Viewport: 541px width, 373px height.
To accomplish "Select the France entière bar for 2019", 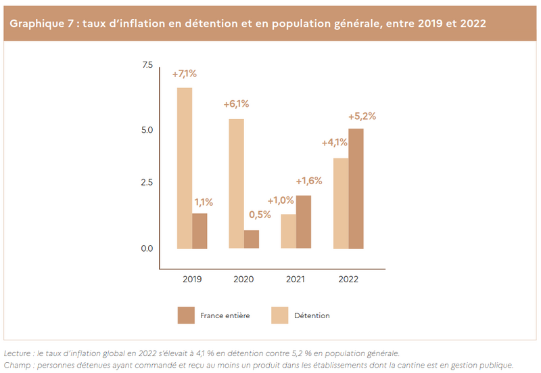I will pyautogui.click(x=199, y=231).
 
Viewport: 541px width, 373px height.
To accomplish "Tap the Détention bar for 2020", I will pyautogui.click(x=236, y=183).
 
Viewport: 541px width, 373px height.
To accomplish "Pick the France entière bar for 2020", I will pyautogui.click(x=252, y=239).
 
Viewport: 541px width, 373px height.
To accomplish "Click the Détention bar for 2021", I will pyautogui.click(x=288, y=231).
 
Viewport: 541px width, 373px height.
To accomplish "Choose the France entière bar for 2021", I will pyautogui.click(x=304, y=222).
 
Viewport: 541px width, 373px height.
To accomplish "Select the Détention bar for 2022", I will pyautogui.click(x=340, y=203).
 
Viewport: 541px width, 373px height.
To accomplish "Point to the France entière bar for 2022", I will pyautogui.click(x=356, y=188).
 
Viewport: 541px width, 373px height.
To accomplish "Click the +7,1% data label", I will pyautogui.click(x=184, y=73).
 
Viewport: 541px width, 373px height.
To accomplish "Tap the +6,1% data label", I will pyautogui.click(x=236, y=104).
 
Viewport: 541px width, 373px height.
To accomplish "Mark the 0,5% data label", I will pyautogui.click(x=260, y=215).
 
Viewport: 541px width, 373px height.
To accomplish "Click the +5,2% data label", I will pyautogui.click(x=362, y=116).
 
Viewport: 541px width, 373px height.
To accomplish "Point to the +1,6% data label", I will pyautogui.click(x=308, y=181).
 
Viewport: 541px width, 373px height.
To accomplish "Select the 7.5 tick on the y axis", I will pyautogui.click(x=147, y=65).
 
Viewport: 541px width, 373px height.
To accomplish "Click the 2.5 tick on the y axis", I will pyautogui.click(x=147, y=183).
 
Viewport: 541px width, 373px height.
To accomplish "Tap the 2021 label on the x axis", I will pyautogui.click(x=296, y=279).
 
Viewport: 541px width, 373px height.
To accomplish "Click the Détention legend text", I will pyautogui.click(x=312, y=315).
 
